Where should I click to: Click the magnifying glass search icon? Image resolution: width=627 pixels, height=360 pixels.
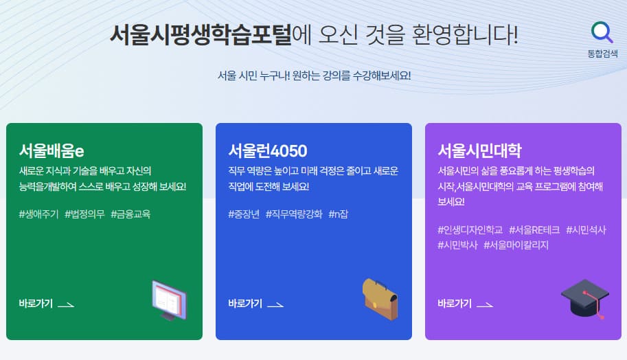coord(602,32)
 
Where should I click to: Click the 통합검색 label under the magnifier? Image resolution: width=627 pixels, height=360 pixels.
coord(602,53)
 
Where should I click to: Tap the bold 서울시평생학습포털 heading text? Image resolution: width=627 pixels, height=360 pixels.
coord(201,34)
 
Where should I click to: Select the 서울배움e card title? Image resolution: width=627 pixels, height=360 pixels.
coord(52,150)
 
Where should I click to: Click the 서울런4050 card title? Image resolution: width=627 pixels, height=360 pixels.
coord(267,150)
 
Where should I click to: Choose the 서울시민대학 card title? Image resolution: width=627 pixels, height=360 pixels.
coord(479,150)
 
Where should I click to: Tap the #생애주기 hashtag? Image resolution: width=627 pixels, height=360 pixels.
coord(39,214)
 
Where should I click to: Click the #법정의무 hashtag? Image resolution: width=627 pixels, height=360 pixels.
coord(84,214)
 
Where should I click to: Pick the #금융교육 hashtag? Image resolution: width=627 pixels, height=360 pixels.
coord(130,214)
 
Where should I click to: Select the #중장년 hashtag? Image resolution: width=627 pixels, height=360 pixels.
coord(244,214)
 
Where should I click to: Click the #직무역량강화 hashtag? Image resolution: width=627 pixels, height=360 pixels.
coord(294,214)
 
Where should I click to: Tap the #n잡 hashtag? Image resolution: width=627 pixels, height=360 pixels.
coord(339,214)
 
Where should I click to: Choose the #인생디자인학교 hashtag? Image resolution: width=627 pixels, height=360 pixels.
coord(470,229)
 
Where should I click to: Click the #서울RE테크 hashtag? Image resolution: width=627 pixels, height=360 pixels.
coord(534,229)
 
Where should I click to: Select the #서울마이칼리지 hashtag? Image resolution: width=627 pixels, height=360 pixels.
coord(516,245)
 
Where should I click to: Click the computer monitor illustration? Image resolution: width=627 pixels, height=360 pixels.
coord(169,300)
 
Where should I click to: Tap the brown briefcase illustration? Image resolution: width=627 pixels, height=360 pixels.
coord(380,298)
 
